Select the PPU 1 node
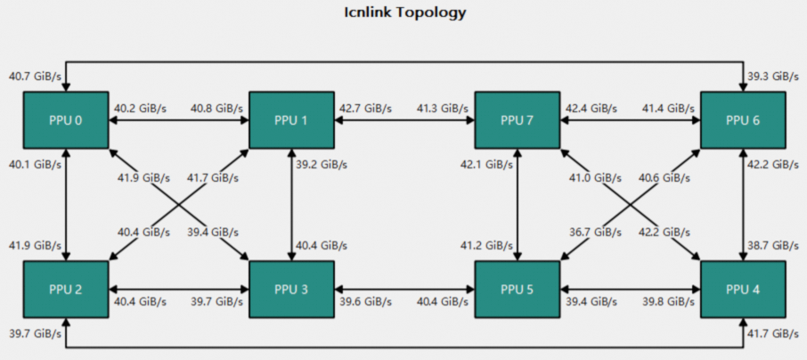click(291, 119)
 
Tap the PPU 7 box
click(518, 119)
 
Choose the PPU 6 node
click(743, 119)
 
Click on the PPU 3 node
click(291, 290)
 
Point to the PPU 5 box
click(518, 290)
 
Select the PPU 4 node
click(743, 290)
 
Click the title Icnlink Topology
click(404, 13)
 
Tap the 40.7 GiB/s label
click(33, 77)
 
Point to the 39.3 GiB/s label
click(772, 77)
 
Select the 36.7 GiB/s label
click(589, 232)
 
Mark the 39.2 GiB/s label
click(322, 165)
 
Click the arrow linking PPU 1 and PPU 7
click(404, 119)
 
